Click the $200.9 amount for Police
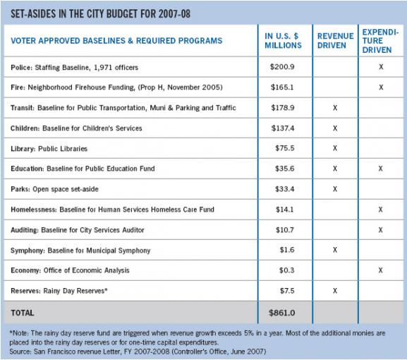click(x=282, y=67)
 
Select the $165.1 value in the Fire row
click(x=282, y=87)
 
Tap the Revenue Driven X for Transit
click(x=335, y=107)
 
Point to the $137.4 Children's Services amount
click(x=283, y=128)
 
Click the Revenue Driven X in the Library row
click(x=335, y=148)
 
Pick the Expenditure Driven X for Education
click(x=380, y=169)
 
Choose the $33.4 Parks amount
click(x=285, y=189)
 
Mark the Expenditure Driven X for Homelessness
click(x=380, y=210)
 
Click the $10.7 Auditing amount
click(x=285, y=230)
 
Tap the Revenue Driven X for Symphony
click(x=335, y=250)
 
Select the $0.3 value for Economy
click(x=287, y=270)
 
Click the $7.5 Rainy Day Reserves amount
click(x=287, y=291)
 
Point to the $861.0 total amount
click(x=282, y=313)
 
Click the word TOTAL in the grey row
click(x=23, y=313)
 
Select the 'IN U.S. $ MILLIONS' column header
click(x=283, y=41)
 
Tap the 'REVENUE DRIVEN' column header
click(x=335, y=41)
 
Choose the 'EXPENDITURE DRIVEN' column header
click(x=380, y=41)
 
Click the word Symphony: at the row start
click(x=28, y=251)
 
